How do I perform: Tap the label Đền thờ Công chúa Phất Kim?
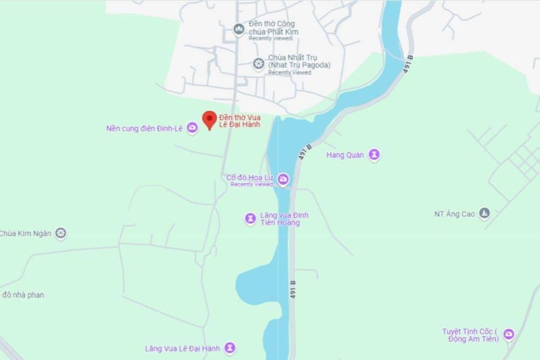(x=273, y=28)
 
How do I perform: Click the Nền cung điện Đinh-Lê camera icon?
(x=192, y=128)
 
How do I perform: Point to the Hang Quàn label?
(x=345, y=155)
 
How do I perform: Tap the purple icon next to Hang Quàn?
(x=374, y=155)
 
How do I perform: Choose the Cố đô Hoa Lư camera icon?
(x=283, y=179)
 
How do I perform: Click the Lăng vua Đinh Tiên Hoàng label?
(x=284, y=219)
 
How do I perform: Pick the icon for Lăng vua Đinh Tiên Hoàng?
(x=251, y=219)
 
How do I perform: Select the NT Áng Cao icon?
(x=484, y=213)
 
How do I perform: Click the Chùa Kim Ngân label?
(x=25, y=234)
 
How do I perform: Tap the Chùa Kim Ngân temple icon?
(x=61, y=233)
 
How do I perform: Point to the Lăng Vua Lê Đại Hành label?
(x=183, y=349)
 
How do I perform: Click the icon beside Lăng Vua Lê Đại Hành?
(x=230, y=348)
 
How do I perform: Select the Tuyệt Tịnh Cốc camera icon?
(x=508, y=335)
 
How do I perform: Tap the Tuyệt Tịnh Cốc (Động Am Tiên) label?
(x=473, y=335)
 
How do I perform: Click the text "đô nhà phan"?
(x=23, y=295)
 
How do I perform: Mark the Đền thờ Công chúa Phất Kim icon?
(x=239, y=29)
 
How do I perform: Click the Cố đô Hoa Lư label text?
(x=250, y=177)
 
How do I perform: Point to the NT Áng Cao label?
(x=454, y=214)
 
